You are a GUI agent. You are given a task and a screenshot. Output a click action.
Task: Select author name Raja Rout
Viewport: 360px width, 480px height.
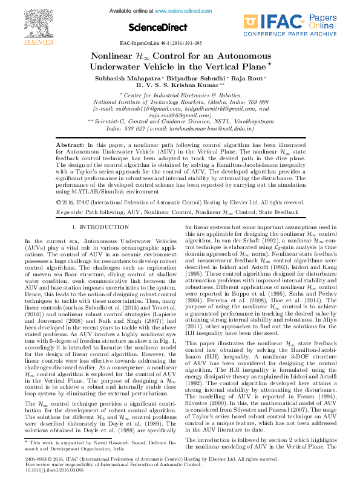(249, 79)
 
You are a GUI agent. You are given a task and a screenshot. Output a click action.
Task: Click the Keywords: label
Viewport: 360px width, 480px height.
(69, 213)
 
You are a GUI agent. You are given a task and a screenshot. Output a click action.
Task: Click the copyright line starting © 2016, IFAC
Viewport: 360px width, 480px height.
(180, 202)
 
